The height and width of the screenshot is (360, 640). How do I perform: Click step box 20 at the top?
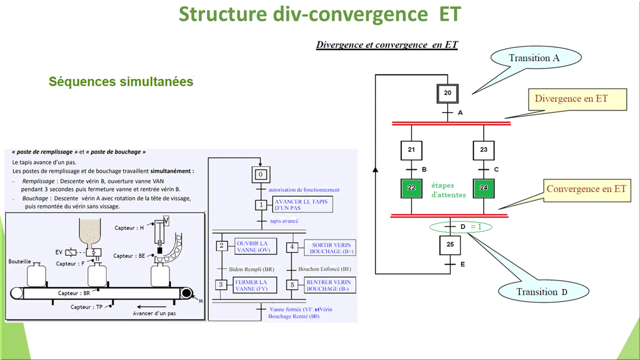point(447,93)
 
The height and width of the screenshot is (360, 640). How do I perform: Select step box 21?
point(411,150)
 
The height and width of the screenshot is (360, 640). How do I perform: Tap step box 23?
point(483,150)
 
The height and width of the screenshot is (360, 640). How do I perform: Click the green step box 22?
point(411,188)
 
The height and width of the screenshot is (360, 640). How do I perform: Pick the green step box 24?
point(483,188)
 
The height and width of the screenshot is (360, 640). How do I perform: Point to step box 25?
point(450,245)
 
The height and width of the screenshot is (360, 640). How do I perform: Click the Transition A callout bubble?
point(536,58)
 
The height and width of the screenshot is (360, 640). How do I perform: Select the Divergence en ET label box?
point(578,99)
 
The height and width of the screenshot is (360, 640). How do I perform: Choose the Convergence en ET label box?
point(587,190)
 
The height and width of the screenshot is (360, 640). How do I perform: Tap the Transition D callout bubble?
point(543,291)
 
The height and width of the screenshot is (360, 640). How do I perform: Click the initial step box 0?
point(261,175)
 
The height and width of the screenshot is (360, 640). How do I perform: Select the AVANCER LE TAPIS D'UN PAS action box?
point(302,205)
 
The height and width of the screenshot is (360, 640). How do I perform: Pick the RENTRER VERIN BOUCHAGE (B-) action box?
point(330,285)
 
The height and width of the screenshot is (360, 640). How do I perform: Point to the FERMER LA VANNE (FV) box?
point(255,285)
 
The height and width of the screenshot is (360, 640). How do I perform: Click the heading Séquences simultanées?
point(121,82)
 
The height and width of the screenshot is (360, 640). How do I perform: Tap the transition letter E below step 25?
point(463,265)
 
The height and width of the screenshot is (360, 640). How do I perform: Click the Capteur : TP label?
point(87,307)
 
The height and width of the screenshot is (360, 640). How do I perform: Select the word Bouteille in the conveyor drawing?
point(20,262)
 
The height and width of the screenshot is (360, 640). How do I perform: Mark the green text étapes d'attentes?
point(448,190)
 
